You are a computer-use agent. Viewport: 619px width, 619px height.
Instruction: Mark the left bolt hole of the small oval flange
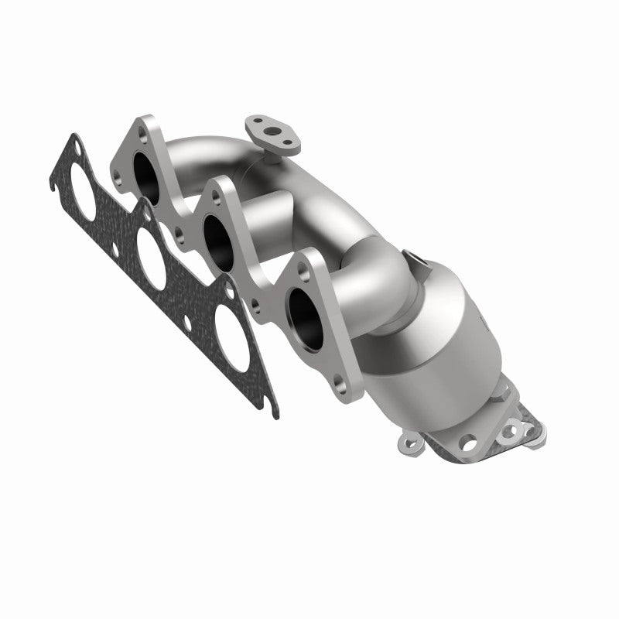(255, 125)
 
